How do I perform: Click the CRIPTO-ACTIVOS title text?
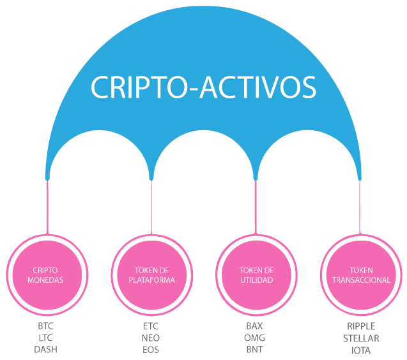coord(203,87)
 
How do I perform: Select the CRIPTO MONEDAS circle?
coord(47,275)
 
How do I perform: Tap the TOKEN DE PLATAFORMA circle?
coord(152,275)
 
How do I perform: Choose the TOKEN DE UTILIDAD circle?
coord(256,275)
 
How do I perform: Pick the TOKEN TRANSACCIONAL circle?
coord(361,275)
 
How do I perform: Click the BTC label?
coord(46,326)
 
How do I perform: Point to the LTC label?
coord(46,338)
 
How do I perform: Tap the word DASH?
coord(46,350)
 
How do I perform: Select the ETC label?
coord(151,326)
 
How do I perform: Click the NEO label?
coord(151,338)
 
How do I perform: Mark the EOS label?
coord(151,350)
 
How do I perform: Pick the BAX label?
coord(254,326)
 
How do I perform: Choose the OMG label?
coord(255,338)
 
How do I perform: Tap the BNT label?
coord(255,350)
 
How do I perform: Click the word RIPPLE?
coord(361,326)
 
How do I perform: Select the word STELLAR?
coord(361,338)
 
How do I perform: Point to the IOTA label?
coord(361,350)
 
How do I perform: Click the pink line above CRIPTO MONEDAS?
coord(47,207)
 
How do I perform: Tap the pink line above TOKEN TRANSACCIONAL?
coord(360,207)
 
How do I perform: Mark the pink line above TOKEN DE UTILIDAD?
coord(256,207)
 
